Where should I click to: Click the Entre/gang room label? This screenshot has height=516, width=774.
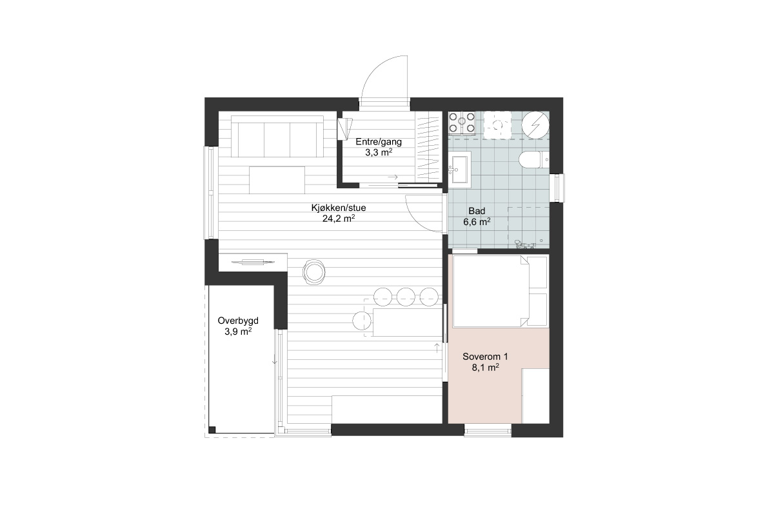tap(379, 142)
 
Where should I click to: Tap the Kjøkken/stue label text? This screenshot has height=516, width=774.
tap(339, 208)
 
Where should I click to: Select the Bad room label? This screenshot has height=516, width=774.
tap(477, 210)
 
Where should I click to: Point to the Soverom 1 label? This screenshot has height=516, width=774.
tap(485, 356)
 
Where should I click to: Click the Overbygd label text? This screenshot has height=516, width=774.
tap(238, 321)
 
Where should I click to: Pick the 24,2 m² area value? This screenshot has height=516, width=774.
tap(339, 219)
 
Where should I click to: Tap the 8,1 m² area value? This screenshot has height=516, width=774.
tap(485, 368)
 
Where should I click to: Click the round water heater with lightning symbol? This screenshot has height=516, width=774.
tap(535, 124)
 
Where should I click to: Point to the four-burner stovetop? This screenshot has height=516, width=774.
tap(462, 123)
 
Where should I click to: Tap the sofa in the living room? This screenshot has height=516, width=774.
tap(277, 137)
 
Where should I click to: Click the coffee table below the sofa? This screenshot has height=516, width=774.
tap(277, 180)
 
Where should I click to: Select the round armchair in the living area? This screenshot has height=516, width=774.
tap(313, 272)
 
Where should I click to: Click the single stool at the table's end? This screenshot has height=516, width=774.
tap(362, 321)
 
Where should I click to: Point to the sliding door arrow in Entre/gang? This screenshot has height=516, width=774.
tap(393, 177)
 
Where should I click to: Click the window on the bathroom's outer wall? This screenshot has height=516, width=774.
tap(559, 188)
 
